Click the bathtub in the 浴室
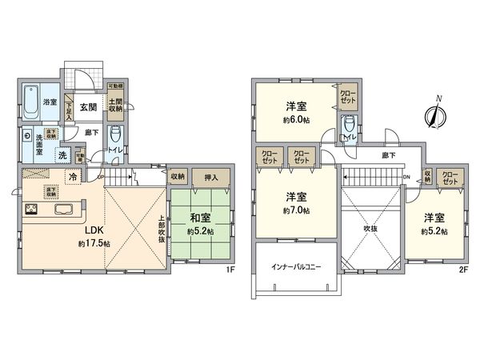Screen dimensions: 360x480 [x=30, y=102]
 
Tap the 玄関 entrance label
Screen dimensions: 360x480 [x=88, y=107]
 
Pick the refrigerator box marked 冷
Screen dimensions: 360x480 [x=74, y=178]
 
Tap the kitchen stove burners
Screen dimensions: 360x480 [x=33, y=210]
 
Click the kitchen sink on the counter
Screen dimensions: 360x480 [x=65, y=211]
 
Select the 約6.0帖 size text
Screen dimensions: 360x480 [x=296, y=120]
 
